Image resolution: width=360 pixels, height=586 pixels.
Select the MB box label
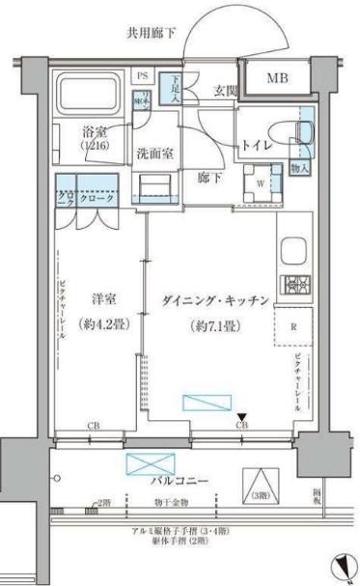(276, 78)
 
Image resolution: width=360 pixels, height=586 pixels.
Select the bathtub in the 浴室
(87, 94)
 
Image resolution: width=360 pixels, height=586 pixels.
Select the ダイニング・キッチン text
(214, 300)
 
